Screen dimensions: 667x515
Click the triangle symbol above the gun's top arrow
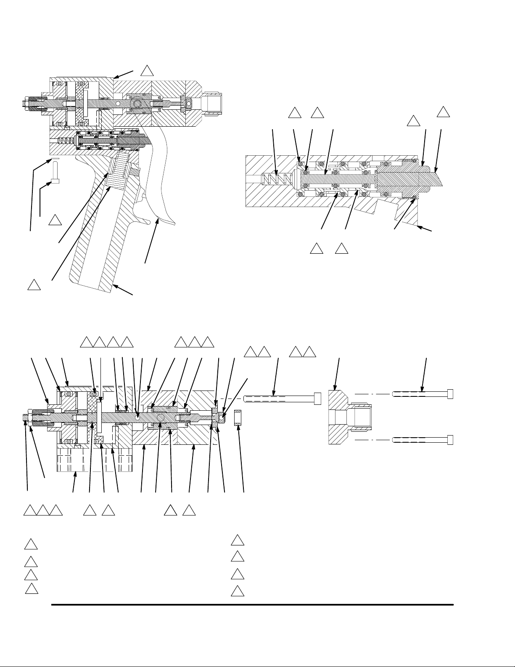pos(147,71)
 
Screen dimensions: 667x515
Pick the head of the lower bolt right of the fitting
pos(450,440)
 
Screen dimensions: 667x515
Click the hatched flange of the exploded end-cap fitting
pos(337,417)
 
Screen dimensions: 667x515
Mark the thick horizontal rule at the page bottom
pos(252,605)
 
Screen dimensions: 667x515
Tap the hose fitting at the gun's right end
pos(212,103)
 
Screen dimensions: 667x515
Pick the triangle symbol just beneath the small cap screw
pos(54,220)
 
